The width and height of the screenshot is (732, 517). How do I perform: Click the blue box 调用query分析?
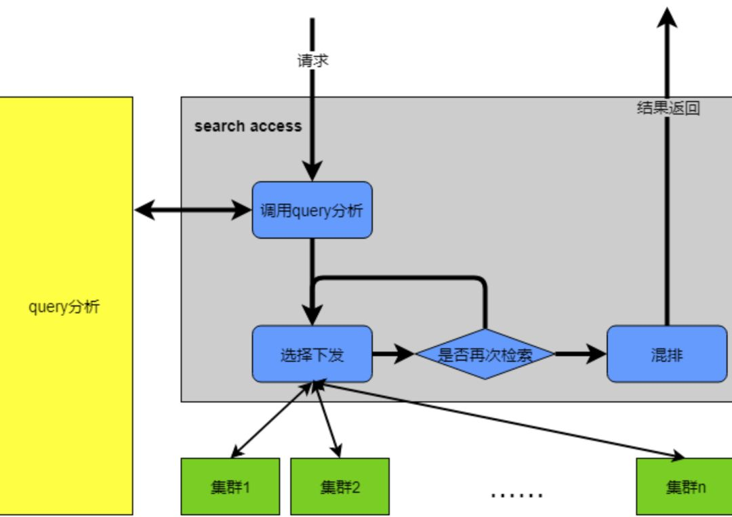[312, 210]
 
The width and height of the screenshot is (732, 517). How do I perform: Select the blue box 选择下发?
[312, 354]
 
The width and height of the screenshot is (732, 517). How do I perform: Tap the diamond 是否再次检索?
[485, 354]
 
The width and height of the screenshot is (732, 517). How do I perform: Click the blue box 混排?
[667, 354]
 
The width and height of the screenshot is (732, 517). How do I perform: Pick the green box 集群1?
[230, 487]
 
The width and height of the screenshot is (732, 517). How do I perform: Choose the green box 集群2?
[340, 487]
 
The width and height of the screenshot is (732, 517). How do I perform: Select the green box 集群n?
[685, 487]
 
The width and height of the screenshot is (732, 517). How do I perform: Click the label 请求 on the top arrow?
[312, 61]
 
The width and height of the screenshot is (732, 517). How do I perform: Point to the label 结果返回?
[668, 108]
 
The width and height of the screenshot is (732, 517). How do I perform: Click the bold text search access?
[248, 126]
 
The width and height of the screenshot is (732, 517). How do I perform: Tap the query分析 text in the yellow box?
[64, 307]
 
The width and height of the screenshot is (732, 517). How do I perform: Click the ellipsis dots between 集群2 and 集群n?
[516, 495]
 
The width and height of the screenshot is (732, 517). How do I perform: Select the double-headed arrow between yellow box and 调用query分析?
[192, 210]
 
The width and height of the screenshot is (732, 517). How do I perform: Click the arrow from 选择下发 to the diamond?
[393, 354]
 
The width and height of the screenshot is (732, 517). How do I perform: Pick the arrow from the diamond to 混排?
[581, 354]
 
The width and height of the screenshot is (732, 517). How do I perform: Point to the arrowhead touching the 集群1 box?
[236, 453]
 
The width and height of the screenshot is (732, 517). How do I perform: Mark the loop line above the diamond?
[400, 278]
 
